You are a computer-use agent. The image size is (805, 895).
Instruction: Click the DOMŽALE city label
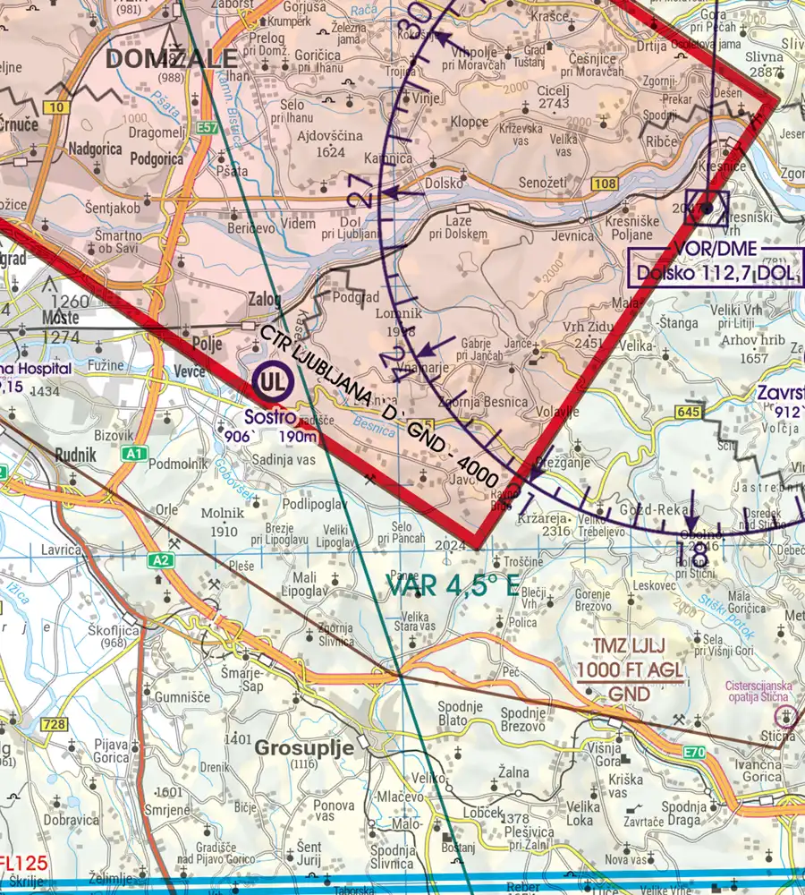pyautogui.click(x=172, y=59)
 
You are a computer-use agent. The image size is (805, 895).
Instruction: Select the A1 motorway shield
pyautogui.click(x=135, y=455)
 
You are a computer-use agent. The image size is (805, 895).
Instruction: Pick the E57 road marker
pyautogui.click(x=208, y=129)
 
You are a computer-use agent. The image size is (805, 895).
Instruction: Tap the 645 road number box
pyautogui.click(x=688, y=412)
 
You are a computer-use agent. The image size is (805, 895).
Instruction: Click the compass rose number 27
pyautogui.click(x=363, y=191)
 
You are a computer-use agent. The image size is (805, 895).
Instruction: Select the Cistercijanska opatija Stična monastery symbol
pyautogui.click(x=785, y=715)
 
